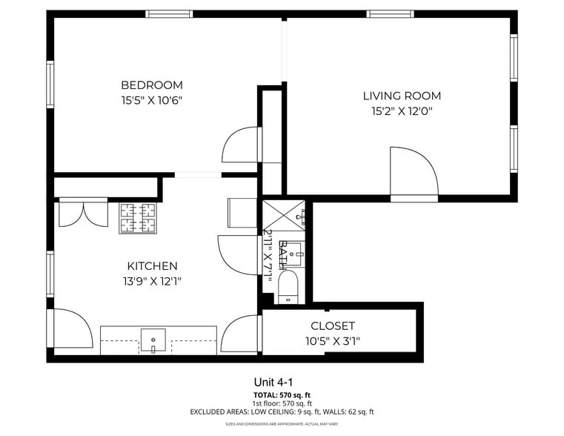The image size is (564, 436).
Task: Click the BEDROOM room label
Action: [151, 85]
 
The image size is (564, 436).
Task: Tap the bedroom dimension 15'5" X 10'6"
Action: [151, 100]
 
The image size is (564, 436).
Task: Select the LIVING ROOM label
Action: [402, 96]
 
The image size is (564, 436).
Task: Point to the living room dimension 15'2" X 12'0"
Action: [402, 111]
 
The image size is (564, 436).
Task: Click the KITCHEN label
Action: [152, 265]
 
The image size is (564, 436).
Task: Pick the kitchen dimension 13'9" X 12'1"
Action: [152, 281]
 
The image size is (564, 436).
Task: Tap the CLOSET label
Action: [333, 326]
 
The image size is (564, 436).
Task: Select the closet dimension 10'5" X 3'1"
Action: [333, 341]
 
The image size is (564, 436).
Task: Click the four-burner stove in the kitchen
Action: [140, 218]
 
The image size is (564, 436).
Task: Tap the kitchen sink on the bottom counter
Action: [153, 340]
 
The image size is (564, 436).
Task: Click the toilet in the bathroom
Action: [287, 287]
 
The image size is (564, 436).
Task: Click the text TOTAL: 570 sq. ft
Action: [281, 394]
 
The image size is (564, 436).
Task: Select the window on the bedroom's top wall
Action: [169, 14]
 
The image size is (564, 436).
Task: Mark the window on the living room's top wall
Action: [391, 14]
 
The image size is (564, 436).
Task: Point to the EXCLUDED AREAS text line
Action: [281, 412]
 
